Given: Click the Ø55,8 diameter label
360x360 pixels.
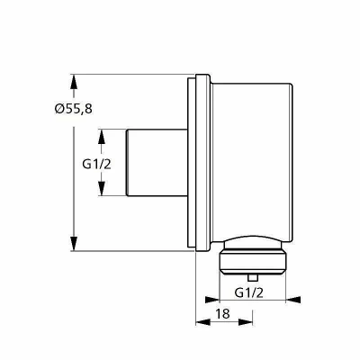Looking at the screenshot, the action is pos(74,108).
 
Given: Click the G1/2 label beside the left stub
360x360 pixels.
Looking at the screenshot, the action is pos(96,164).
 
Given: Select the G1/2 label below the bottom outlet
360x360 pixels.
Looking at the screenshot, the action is pos(249,292).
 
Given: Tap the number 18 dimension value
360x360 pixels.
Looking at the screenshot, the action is pos(223,313).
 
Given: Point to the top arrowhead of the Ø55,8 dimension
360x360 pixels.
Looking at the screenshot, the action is pos(74,82).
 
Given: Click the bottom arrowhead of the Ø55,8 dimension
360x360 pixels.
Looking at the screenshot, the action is pos(74,244).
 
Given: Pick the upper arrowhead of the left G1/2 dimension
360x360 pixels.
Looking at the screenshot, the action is pos(102,137).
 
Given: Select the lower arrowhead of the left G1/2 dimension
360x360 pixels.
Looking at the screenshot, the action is pos(102,188).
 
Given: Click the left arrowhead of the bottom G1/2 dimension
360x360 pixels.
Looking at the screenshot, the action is pos(212,300).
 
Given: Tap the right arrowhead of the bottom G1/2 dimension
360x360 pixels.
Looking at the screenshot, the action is pos(293,300).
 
